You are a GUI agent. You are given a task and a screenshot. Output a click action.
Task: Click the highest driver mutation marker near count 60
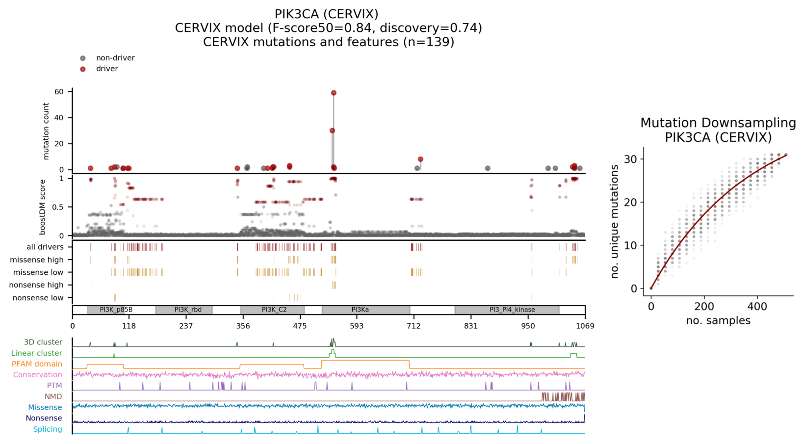coord(334,93)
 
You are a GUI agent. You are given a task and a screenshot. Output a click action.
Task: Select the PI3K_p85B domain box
coord(116,310)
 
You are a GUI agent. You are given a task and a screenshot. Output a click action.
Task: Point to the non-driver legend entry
coord(115,58)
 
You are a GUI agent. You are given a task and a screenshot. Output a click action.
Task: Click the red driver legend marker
coord(83,69)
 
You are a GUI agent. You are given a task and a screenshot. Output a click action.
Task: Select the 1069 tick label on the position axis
coord(585,326)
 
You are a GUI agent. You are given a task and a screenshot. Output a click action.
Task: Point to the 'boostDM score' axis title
coord(43,207)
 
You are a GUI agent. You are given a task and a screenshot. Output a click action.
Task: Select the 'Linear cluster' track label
coord(37,353)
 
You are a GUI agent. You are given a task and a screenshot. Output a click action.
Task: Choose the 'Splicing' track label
coord(48,429)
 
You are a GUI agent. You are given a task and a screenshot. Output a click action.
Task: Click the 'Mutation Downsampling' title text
coord(718,123)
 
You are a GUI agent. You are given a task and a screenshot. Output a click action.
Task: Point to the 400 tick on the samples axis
coord(757,307)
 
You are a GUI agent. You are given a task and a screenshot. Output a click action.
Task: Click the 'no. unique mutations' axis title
coord(615,222)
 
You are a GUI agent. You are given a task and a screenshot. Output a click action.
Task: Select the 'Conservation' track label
coord(38,375)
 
